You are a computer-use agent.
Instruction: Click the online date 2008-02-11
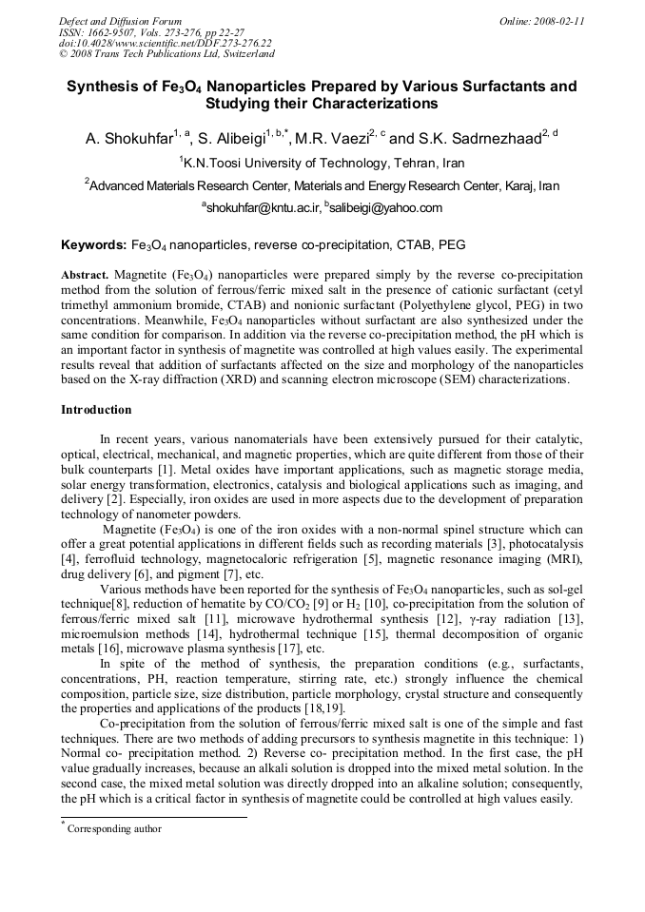559,20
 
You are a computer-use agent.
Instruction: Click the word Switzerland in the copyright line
244,53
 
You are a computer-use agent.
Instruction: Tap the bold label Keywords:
93,244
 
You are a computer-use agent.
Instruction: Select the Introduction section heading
96,410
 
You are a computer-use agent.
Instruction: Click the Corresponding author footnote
113,828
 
